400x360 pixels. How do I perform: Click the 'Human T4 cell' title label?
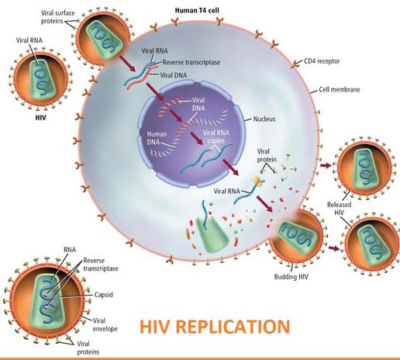coord(197,10)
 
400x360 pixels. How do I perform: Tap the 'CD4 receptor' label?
coord(322,61)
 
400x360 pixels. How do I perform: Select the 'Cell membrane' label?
coord(340,90)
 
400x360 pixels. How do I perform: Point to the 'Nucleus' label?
coord(264,119)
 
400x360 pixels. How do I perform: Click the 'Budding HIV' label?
coord(291,277)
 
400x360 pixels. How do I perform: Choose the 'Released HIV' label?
coord(340,209)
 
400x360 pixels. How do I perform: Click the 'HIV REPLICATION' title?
coord(215,327)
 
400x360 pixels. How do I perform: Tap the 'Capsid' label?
coord(104,295)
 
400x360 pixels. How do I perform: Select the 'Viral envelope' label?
coord(105,325)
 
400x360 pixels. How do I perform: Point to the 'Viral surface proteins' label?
coord(58,17)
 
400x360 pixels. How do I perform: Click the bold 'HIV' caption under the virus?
coord(40,118)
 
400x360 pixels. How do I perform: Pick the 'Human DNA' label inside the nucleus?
coord(157,138)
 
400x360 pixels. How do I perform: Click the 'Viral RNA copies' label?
coord(216,137)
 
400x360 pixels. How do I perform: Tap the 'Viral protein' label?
coord(267,155)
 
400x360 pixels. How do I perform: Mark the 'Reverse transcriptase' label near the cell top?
coord(191,62)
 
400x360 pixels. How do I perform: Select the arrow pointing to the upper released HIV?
coord(326,165)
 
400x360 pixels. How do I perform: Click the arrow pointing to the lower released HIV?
coord(334,248)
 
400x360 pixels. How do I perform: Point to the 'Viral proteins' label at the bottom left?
coord(88,348)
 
